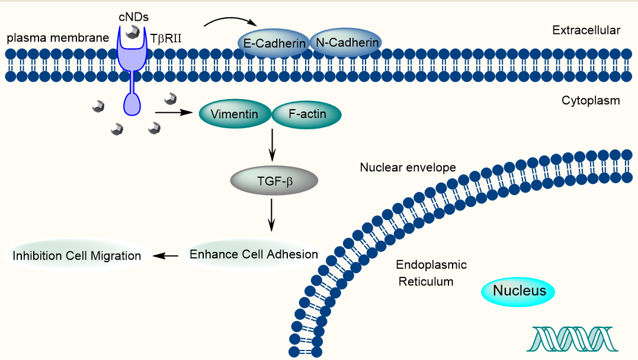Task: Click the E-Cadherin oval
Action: point(274,43)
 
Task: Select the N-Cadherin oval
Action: point(345,43)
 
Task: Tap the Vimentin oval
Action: point(233,114)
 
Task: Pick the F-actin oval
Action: point(307,114)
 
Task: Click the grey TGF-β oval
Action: point(273,181)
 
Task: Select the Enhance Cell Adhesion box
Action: point(253,254)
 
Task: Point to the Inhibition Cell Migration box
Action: point(76,256)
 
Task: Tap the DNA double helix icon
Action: point(571,339)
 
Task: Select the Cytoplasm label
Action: point(590,101)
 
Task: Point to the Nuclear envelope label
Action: point(408,168)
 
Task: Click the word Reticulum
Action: point(425,282)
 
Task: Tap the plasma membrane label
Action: point(57,39)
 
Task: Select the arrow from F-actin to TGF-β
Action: point(272,145)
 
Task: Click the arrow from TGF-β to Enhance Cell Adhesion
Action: point(272,215)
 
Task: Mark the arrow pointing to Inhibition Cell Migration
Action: point(166,256)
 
